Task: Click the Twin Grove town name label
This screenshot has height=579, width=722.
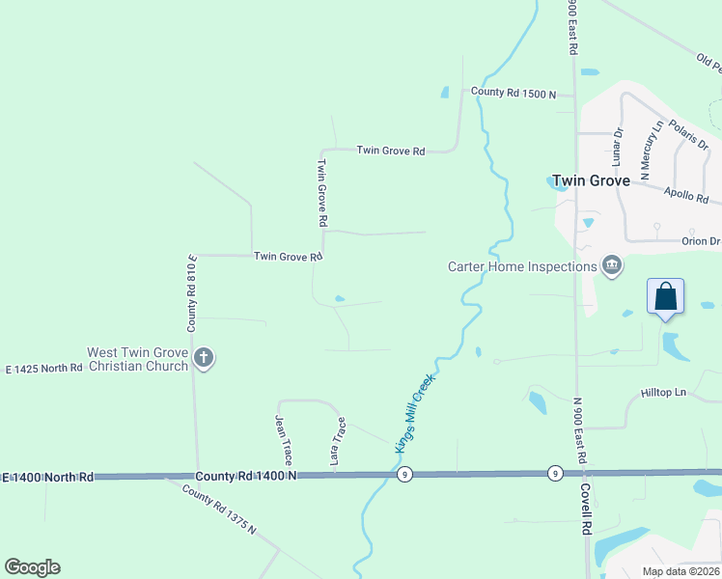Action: click(x=591, y=180)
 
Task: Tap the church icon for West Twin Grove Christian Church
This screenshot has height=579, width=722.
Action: click(x=203, y=359)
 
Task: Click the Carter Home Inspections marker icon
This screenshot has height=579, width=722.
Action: click(x=612, y=265)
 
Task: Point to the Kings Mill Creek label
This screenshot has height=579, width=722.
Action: click(x=415, y=413)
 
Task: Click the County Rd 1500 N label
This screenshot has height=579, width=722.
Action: click(x=514, y=94)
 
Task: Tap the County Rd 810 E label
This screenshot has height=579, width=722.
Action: click(x=193, y=293)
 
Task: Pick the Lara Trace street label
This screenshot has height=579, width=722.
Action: click(x=338, y=442)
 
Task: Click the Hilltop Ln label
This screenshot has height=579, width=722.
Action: click(x=662, y=393)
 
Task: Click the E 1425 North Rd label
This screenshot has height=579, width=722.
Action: click(x=44, y=369)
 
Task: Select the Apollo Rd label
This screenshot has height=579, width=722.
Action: click(x=686, y=195)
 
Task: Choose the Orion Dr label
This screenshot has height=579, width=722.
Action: click(x=701, y=241)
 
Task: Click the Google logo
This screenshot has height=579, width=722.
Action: click(x=32, y=567)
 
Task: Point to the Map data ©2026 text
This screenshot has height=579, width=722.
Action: click(x=680, y=571)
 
